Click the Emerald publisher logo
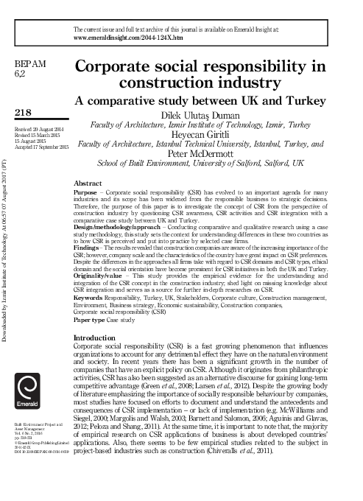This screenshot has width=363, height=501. pyautogui.click(x=29, y=390)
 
